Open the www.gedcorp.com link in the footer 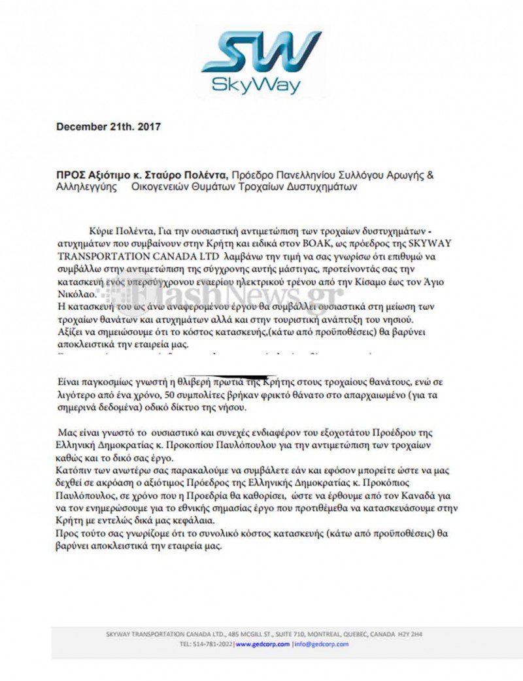[262, 644]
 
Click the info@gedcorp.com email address [322, 644]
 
